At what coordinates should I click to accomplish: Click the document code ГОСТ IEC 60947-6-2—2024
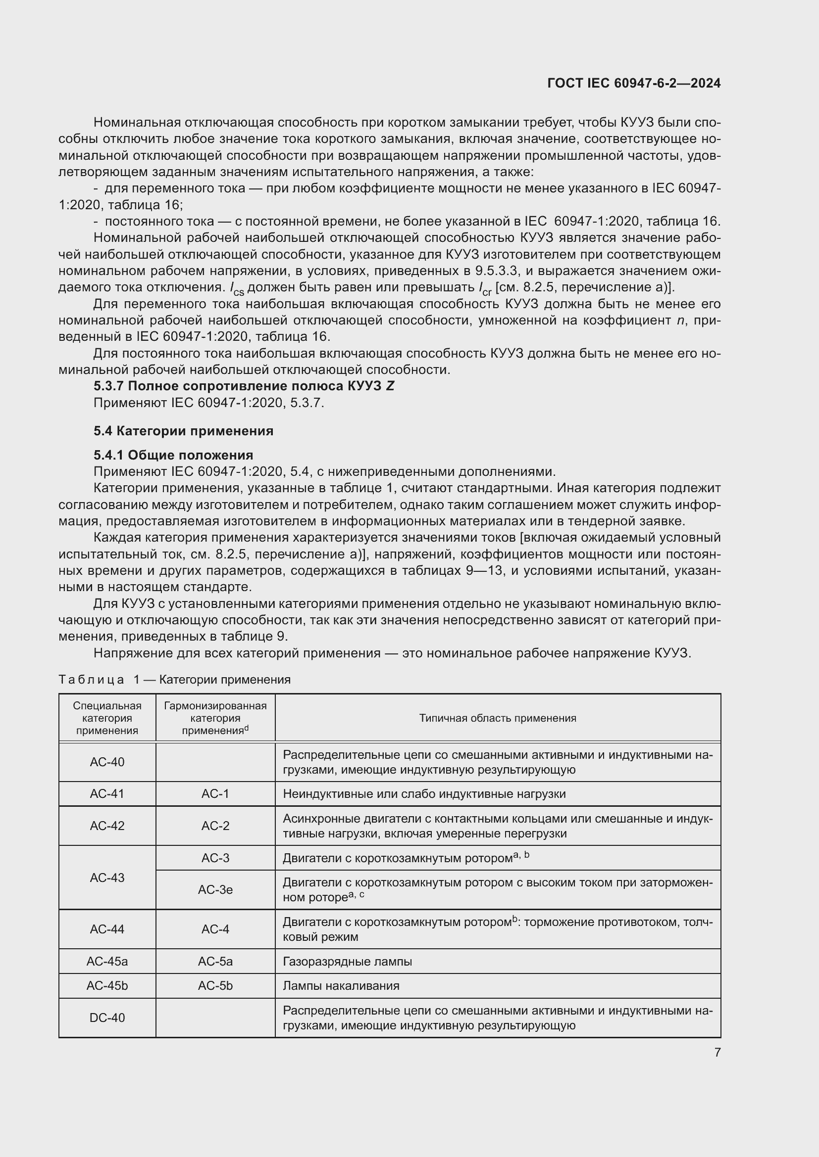point(633,83)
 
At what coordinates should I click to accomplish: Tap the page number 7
point(717,1052)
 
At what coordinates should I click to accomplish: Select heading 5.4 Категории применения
point(184,431)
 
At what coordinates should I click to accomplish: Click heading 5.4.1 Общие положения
point(173,455)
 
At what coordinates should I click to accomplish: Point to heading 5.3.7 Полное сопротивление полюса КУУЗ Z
point(244,386)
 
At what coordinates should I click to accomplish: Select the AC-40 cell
point(107,762)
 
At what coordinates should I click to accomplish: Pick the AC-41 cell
point(107,793)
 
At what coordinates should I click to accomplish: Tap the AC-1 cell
point(215,793)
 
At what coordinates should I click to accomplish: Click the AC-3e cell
point(215,889)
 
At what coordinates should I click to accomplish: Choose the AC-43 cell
point(107,878)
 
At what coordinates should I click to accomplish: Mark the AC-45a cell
point(107,961)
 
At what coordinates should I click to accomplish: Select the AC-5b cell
point(215,985)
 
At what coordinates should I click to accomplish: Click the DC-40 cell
point(107,1018)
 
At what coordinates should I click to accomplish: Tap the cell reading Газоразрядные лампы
point(348,962)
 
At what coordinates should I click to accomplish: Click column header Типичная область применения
point(497,718)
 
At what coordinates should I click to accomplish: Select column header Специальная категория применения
point(107,718)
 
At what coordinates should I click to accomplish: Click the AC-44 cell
point(107,929)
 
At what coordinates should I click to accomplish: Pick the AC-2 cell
point(215,826)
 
